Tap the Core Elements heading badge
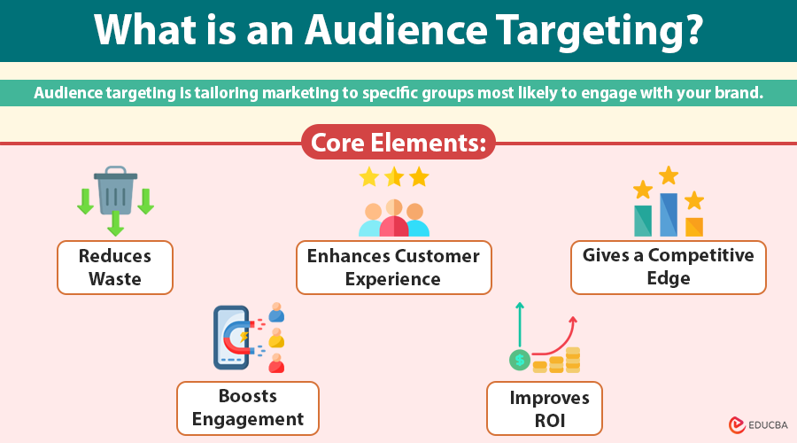(398, 143)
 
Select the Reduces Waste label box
(115, 268)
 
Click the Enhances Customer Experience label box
(393, 268)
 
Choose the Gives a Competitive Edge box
(668, 268)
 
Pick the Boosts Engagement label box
(248, 408)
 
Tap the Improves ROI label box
(545, 408)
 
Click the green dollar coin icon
(520, 361)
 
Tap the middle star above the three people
(394, 177)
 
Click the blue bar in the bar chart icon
(669, 215)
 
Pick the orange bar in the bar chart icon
(694, 227)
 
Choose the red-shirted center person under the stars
(394, 220)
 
